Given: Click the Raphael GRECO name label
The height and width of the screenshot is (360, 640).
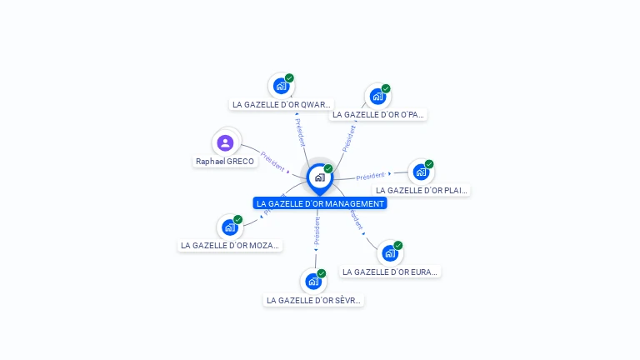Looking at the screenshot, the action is point(225,162).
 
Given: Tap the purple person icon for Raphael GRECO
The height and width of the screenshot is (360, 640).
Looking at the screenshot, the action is point(225,142).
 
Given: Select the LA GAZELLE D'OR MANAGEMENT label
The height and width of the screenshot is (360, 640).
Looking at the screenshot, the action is point(320,203).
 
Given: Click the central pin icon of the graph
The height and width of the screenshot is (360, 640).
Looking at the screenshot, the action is point(319,177).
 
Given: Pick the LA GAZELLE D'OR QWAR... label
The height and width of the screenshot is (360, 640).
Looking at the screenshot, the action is point(281,105).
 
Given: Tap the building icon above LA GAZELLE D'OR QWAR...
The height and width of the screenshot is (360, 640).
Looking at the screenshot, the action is point(281,86).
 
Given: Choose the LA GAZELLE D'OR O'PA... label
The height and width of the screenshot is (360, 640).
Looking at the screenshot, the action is point(378,115).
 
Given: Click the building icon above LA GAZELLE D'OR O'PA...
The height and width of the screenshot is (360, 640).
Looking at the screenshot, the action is point(377,97).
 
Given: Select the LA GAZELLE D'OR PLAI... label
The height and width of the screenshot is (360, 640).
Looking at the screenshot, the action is point(422,191).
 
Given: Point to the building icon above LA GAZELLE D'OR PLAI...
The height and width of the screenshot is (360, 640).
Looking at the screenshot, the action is point(421,172).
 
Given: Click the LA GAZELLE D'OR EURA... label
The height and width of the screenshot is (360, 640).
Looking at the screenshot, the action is point(390,272).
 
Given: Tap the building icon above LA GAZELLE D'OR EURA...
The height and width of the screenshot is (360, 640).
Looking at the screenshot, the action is point(390,253).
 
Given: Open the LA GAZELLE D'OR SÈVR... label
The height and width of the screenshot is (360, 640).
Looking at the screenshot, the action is point(313,300).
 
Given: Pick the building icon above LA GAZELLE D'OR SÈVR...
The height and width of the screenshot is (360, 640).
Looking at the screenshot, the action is point(312,282).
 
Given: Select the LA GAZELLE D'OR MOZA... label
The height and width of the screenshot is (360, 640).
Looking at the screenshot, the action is point(231,246).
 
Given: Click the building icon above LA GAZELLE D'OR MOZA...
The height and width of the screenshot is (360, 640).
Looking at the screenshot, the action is point(229,227).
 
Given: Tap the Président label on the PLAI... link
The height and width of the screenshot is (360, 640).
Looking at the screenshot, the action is point(370,176).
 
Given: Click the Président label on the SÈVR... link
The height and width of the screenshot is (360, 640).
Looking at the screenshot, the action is point(317,232).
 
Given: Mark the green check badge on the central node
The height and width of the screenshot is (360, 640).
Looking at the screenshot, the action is point(328,169).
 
